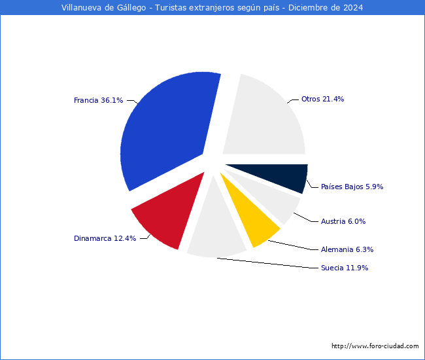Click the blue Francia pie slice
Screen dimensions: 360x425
pos(170,131)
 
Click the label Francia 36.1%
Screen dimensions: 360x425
pos(98,100)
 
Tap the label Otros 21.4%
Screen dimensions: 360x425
pos(322,99)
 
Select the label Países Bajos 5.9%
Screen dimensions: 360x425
pos(352,187)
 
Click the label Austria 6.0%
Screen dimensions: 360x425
pos(343,221)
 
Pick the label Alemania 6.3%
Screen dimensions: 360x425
pos(347,249)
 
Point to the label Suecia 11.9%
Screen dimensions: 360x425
pos(345,268)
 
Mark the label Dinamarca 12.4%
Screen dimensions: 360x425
pos(105,238)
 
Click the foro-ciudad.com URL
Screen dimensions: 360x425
pos(375,346)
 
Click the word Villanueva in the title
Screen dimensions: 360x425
pos(82,8)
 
